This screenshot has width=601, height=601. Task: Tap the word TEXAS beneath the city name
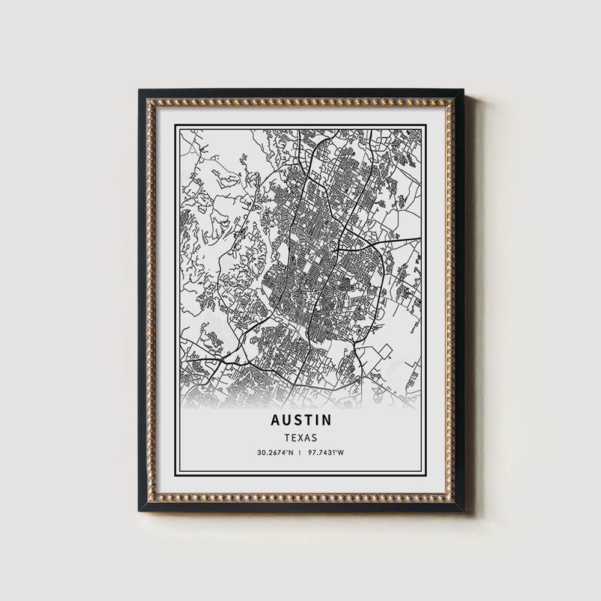click(301, 438)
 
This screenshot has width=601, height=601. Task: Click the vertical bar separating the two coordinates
click(300, 453)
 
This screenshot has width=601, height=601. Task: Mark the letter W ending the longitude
click(340, 453)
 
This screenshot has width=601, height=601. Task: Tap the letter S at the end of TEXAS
click(314, 438)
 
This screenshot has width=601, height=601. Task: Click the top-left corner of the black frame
click(139, 90)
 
